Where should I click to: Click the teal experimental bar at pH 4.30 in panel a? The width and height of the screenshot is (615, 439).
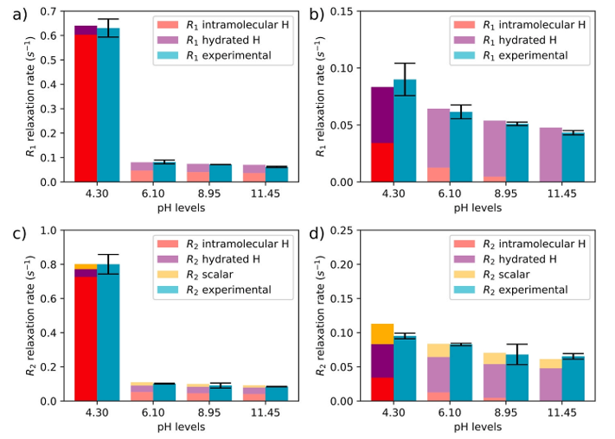click(x=108, y=104)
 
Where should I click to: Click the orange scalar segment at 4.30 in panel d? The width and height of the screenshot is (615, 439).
click(x=381, y=334)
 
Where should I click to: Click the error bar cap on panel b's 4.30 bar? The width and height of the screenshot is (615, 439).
click(x=405, y=63)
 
